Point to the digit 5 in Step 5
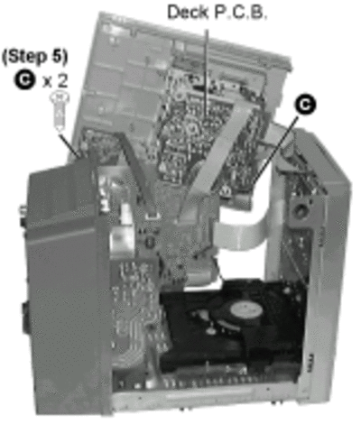pyautogui.click(x=58, y=57)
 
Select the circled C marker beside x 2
pyautogui.click(x=24, y=80)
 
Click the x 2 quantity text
pyautogui.click(x=55, y=80)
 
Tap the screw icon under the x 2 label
pyautogui.click(x=60, y=112)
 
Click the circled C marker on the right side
pyautogui.click(x=305, y=105)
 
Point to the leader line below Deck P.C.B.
pyautogui.click(x=207, y=72)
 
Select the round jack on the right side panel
pyautogui.click(x=300, y=211)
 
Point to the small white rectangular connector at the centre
pyautogui.click(x=153, y=216)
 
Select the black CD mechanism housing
pyautogui.click(x=233, y=327)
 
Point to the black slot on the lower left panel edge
pyautogui.click(x=26, y=318)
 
